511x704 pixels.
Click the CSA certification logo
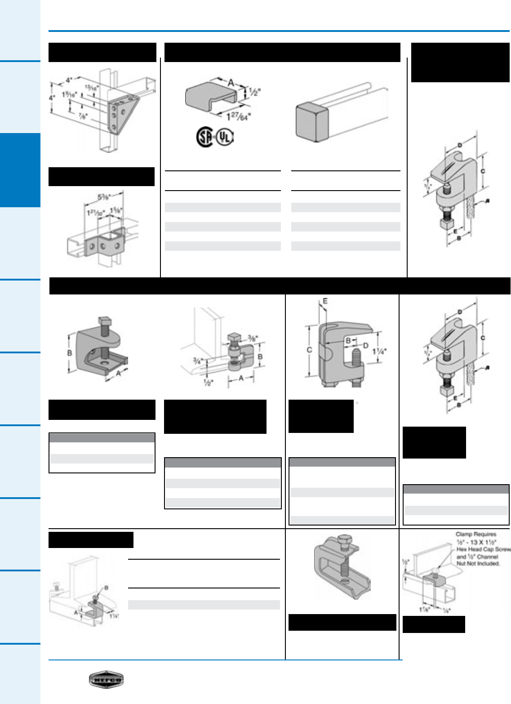(x=205, y=137)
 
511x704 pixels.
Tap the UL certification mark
(x=225, y=137)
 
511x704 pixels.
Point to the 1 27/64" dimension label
(x=238, y=117)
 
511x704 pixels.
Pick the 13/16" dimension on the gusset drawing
(x=92, y=88)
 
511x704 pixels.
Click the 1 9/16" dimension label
(x=69, y=95)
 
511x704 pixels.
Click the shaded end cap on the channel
(x=311, y=121)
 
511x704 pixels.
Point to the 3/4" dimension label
(x=197, y=360)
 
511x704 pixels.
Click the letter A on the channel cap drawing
(x=231, y=82)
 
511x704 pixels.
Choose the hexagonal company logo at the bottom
(x=106, y=680)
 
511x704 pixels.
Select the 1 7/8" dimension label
(x=424, y=610)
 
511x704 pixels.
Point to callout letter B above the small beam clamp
(x=106, y=587)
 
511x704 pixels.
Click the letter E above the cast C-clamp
(x=325, y=301)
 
